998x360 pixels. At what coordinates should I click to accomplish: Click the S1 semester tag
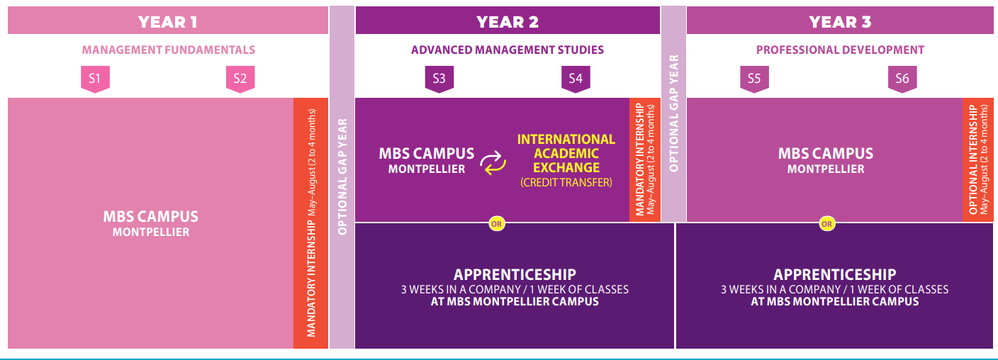tap(95, 78)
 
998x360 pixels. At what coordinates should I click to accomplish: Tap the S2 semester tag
tap(240, 78)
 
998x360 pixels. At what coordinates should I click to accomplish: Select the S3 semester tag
tap(439, 78)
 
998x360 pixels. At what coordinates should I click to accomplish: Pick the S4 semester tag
tap(575, 78)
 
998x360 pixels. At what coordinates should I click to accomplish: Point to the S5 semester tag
tap(753, 78)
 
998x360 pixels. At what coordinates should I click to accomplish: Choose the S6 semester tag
tap(902, 78)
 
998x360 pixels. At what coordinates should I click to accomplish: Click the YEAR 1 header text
tap(168, 21)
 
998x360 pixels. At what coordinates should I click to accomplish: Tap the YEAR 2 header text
tap(508, 21)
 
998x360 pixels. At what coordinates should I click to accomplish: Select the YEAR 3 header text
tap(840, 21)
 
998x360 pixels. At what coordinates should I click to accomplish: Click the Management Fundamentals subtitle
tap(169, 50)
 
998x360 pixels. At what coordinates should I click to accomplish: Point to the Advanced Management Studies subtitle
tap(508, 50)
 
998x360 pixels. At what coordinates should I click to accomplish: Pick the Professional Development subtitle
tap(840, 50)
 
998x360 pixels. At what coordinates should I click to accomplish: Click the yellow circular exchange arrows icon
tap(493, 162)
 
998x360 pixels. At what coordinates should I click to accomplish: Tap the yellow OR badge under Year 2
tap(496, 224)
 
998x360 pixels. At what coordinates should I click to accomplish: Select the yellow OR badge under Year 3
tap(827, 224)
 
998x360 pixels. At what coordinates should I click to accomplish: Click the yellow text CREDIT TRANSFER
tap(566, 182)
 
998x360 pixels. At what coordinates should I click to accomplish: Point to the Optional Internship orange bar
tap(978, 159)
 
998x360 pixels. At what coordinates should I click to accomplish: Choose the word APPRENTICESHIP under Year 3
tap(834, 274)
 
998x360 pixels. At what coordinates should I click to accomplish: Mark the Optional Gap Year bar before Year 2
tap(342, 177)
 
